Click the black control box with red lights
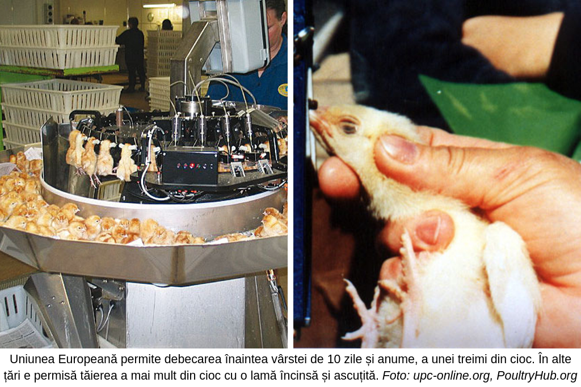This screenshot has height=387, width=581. click(190, 167)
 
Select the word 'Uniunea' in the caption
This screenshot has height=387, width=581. click(32, 359)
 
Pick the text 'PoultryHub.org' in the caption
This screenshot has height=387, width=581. click(537, 376)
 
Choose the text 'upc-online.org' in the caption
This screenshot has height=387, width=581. click(452, 376)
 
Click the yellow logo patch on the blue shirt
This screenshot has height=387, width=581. click(283, 90)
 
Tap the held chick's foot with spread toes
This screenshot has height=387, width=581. click(363, 311)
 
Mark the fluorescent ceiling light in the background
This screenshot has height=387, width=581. click(159, 6)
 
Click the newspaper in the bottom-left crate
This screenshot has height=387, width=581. click(23, 334)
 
